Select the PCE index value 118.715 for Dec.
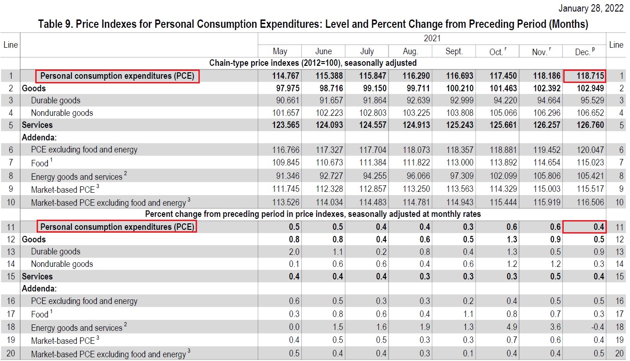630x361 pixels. pyautogui.click(x=585, y=76)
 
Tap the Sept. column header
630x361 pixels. pyautogui.click(x=454, y=51)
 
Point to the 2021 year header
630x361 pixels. pyautogui.click(x=432, y=38)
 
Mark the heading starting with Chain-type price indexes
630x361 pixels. pyautogui.click(x=313, y=63)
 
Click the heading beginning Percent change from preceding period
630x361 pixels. pyautogui.click(x=313, y=214)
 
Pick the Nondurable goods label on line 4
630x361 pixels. pyautogui.click(x=62, y=113)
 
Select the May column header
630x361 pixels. pyautogui.click(x=280, y=51)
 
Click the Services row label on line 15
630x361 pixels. pyautogui.click(x=37, y=277)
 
